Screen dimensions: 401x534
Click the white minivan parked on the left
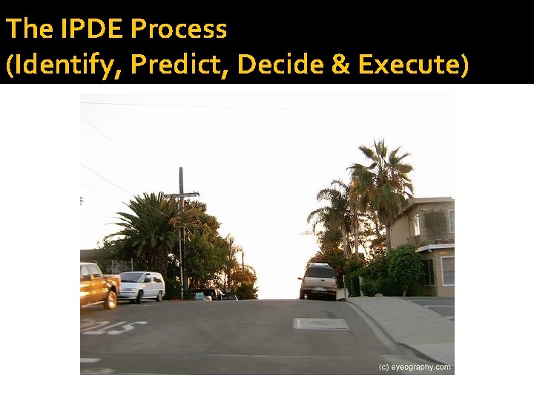141,286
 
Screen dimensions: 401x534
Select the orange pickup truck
99,284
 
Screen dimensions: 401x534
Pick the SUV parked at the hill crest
319,281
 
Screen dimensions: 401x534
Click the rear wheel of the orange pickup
111,299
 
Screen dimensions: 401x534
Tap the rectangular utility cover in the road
321,323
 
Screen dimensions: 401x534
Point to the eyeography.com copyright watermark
415,367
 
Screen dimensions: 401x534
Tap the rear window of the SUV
320,273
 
